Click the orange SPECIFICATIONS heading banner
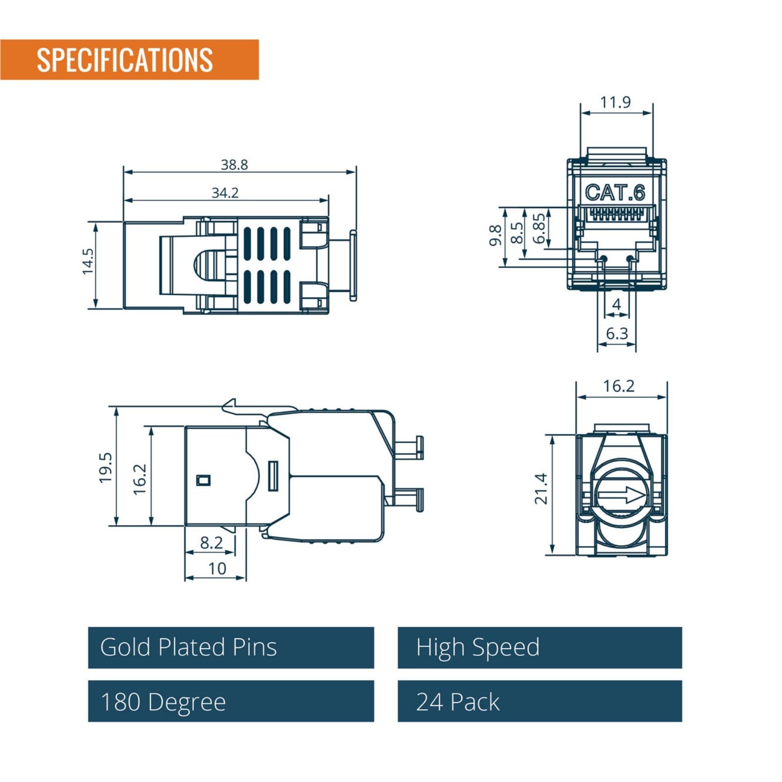coord(129,60)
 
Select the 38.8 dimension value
coord(234,164)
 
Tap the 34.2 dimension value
coord(225,193)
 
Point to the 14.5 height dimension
coord(88,261)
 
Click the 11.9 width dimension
coord(615,102)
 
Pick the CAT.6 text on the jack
coord(615,192)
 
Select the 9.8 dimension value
coord(496,235)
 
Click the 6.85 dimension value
coord(539,228)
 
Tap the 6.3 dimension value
coord(616,334)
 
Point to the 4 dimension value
coord(616,304)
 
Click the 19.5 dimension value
coord(106,468)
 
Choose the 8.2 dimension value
coord(211,542)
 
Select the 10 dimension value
coord(217,568)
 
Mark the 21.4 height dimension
coord(541,489)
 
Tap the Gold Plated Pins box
coord(231,648)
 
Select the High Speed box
coord(540,648)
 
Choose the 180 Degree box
coord(231,701)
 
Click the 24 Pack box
coord(540,701)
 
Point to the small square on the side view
coord(203,480)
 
